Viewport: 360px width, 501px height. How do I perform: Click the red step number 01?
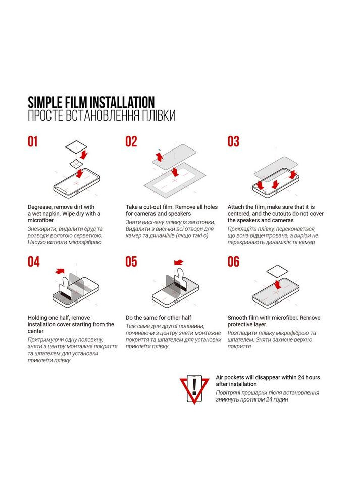pyautogui.click(x=33, y=141)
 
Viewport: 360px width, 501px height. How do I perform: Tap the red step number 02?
pyautogui.click(x=131, y=141)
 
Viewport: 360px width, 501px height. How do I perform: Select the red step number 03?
pyautogui.click(x=233, y=141)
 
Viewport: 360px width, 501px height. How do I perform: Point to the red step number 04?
pyautogui.click(x=33, y=262)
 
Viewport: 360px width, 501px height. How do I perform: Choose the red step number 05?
pyautogui.click(x=131, y=262)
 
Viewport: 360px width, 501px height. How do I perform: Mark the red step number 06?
pyautogui.click(x=233, y=262)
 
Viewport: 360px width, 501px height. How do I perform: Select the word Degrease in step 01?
pyautogui.click(x=39, y=207)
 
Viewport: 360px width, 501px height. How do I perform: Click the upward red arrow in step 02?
pyautogui.click(x=159, y=156)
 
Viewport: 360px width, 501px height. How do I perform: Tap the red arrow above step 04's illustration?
pyautogui.click(x=60, y=271)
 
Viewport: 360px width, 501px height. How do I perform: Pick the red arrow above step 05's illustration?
pyautogui.click(x=179, y=262)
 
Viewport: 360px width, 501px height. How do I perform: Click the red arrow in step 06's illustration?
pyautogui.click(x=278, y=284)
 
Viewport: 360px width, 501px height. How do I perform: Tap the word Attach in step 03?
pyautogui.click(x=236, y=207)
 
